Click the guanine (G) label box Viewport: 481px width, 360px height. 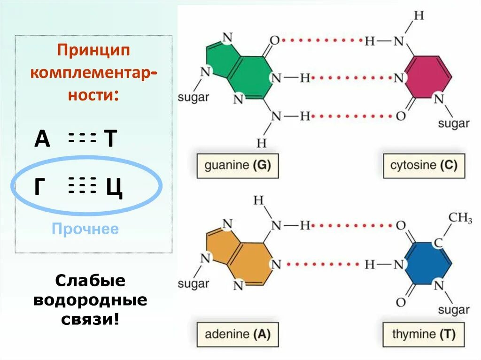coord(238,165)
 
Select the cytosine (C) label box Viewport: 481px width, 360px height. coord(424,165)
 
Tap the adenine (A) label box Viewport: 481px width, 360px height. coord(238,334)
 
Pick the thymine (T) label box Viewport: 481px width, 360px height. coord(424,334)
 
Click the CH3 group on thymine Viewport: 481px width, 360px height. coord(460,218)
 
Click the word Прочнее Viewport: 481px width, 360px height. coord(85,230)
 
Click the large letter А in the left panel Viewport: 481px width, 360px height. coord(42,139)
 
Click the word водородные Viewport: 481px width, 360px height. coord(90,300)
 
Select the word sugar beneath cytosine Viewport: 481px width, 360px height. coord(454,123)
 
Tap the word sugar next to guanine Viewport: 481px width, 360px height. coord(193,98)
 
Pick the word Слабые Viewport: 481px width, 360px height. coord(90,281)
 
